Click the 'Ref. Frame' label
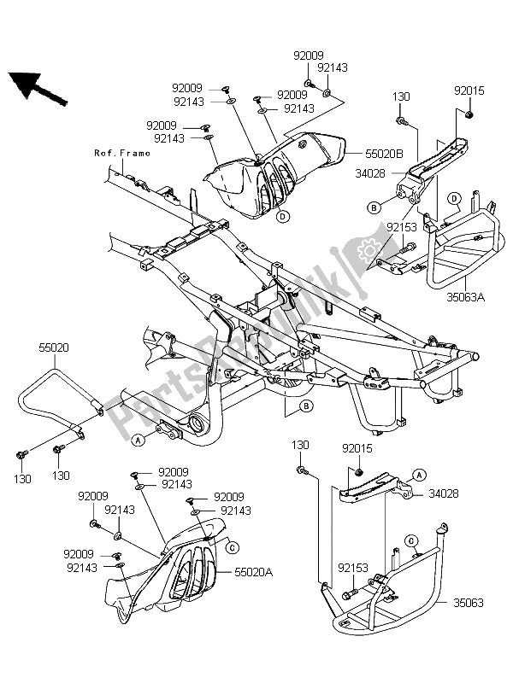tap(122, 154)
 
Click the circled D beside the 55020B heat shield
tap(280, 217)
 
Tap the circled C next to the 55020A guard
tap(233, 546)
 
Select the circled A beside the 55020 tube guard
tap(138, 440)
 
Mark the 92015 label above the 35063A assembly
tap(468, 90)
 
